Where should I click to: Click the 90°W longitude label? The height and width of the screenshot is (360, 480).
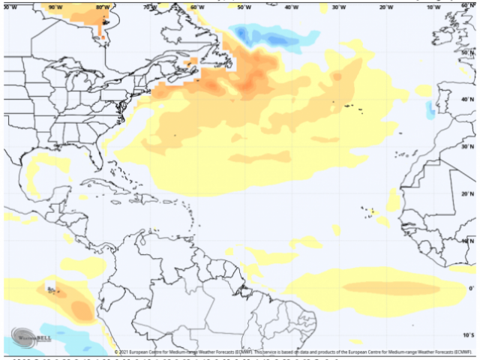pos(55,7)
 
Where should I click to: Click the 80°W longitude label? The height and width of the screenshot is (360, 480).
pos(102,7)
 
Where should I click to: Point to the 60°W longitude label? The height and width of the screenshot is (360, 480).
pos(197,7)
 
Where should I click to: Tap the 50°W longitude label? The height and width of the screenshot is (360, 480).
pos(244,7)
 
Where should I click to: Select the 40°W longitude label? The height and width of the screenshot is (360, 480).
pos(292,7)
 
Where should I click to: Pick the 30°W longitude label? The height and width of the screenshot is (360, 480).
pos(339,7)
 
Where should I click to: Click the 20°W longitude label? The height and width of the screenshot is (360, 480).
pos(386,7)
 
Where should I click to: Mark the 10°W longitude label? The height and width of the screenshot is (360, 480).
pos(433,7)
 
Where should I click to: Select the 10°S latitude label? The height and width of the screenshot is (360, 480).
pos(468,335)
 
